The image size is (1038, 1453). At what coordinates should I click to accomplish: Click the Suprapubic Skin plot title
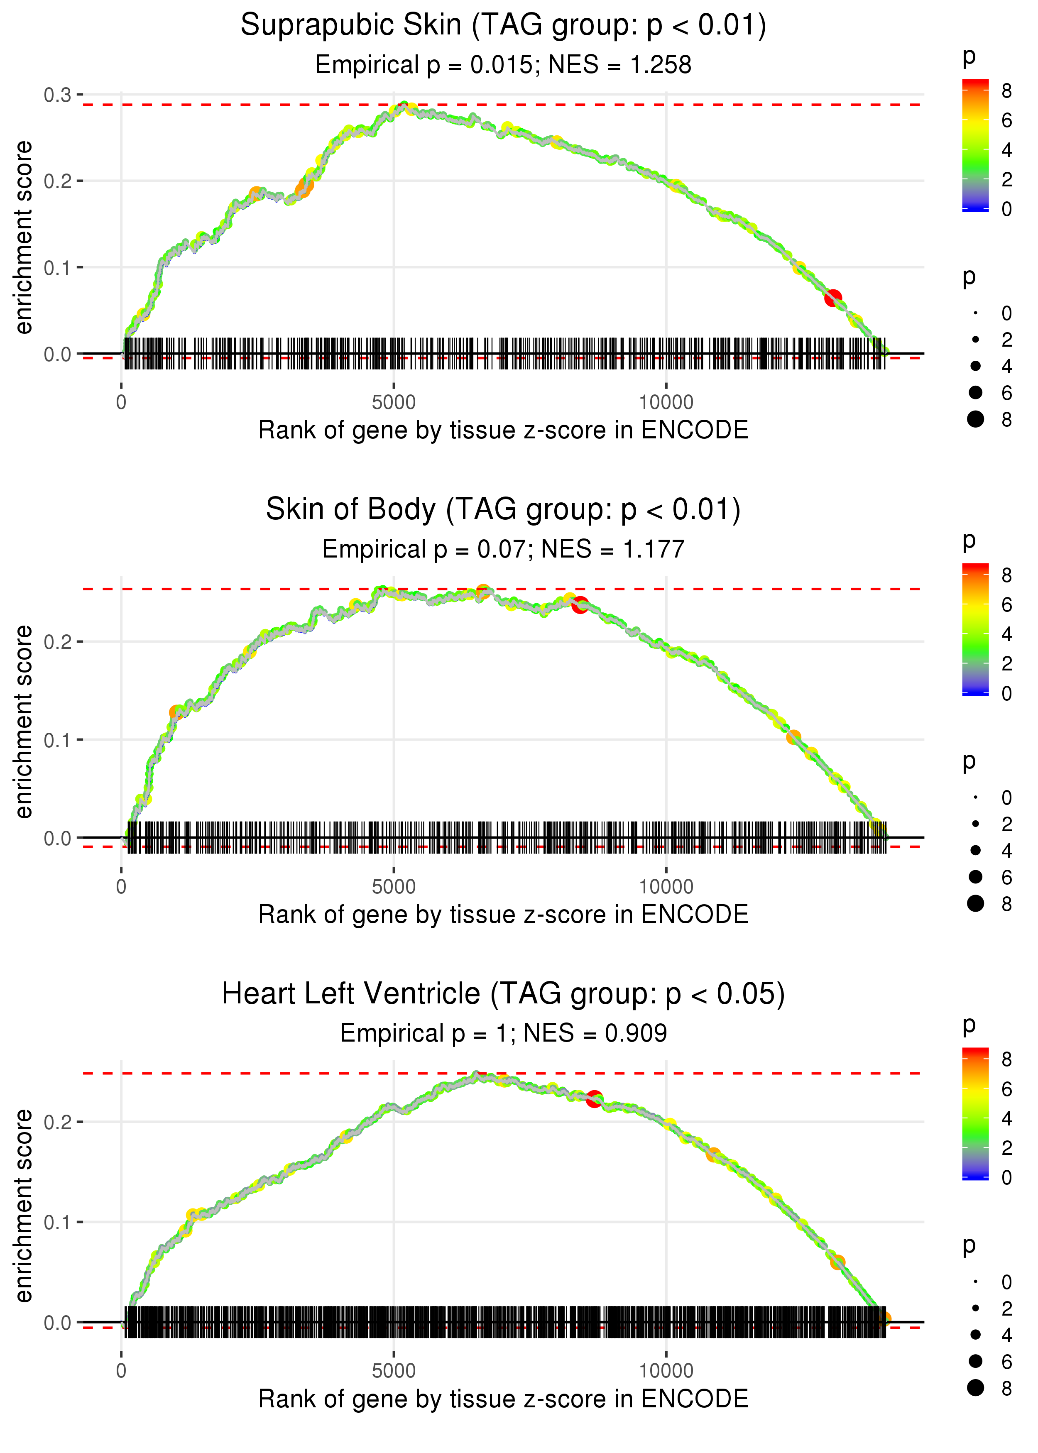(x=503, y=26)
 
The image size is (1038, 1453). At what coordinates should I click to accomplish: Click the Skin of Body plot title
(x=503, y=510)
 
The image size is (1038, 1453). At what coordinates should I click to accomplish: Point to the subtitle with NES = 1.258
(x=503, y=65)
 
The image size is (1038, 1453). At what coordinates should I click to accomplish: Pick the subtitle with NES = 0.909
(x=503, y=1034)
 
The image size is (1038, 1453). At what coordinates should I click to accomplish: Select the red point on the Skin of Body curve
(x=580, y=604)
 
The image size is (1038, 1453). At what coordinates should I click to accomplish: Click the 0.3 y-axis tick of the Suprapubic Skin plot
(x=58, y=95)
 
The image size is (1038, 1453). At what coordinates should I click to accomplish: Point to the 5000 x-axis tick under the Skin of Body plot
(x=394, y=887)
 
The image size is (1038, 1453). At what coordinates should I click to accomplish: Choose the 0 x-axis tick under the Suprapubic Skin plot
(x=121, y=403)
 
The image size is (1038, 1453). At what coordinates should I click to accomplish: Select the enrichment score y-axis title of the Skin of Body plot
(x=24, y=722)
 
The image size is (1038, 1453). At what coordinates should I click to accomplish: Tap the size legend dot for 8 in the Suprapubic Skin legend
(x=975, y=419)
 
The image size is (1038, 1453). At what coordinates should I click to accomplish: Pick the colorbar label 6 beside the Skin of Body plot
(x=1007, y=604)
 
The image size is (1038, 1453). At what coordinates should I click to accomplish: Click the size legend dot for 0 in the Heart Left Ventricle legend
(x=975, y=1282)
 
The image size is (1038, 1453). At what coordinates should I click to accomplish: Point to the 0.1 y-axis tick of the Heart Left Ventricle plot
(x=58, y=1222)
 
